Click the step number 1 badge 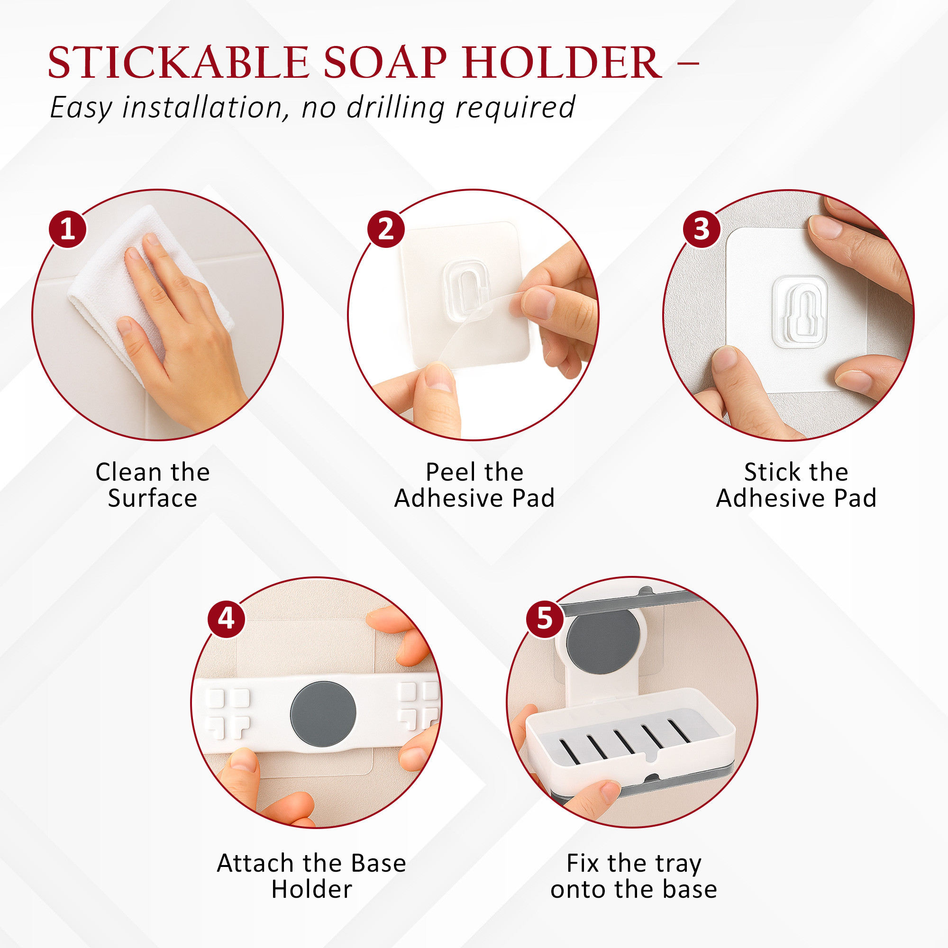(68, 229)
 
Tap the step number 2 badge (386, 229)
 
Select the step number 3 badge (702, 229)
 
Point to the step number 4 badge (226, 619)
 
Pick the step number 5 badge (545, 619)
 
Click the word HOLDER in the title (562, 63)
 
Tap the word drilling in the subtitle (395, 107)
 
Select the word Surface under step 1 (153, 499)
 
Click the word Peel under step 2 (446, 472)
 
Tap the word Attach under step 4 (255, 863)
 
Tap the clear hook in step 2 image (466, 290)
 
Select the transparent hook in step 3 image (800, 312)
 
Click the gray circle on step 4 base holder (323, 714)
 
